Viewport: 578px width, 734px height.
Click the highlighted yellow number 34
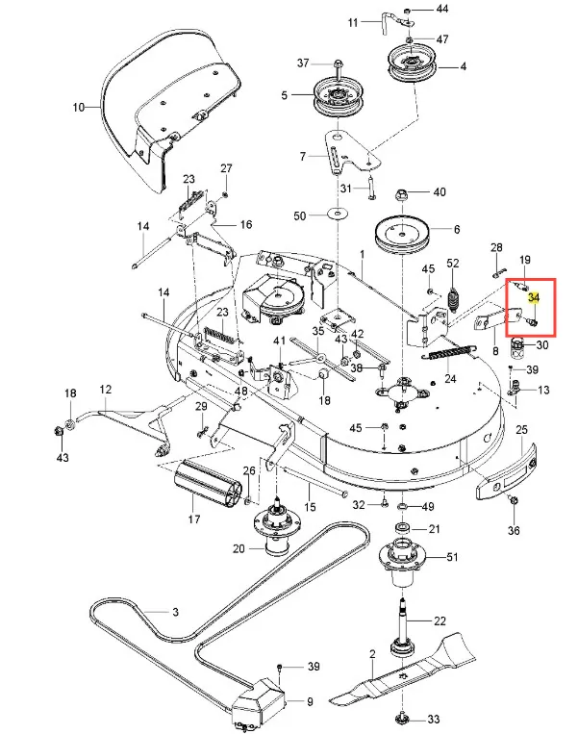click(535, 300)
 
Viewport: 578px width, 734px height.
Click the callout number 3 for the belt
click(176, 612)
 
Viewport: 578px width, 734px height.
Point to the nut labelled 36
click(514, 502)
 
